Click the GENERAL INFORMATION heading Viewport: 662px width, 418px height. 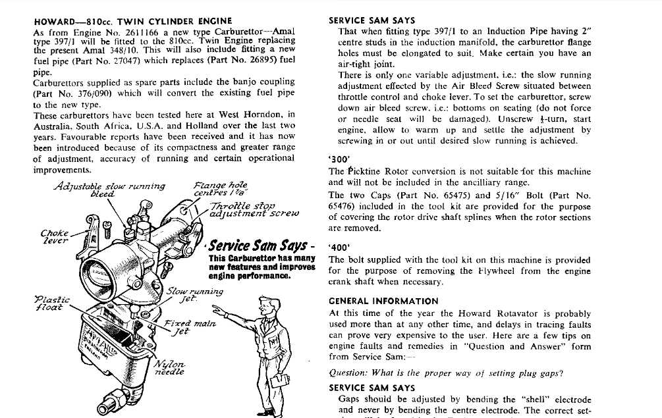[x=384, y=301]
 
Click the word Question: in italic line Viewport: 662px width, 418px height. [x=348, y=373]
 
